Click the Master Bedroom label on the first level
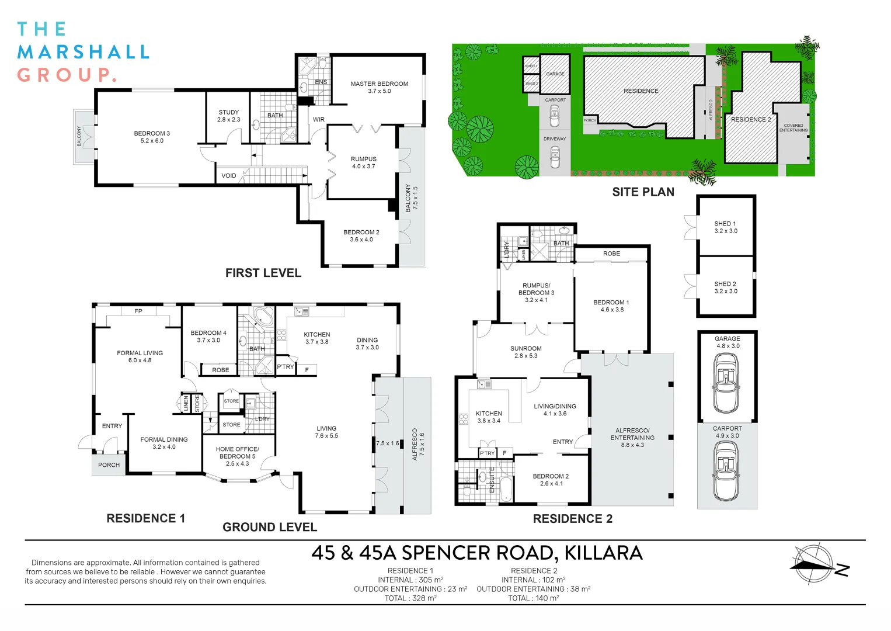pos(379,87)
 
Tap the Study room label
pos(229,116)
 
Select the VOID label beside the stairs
pos(229,175)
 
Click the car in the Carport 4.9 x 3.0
pos(726,471)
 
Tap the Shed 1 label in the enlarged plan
pos(726,227)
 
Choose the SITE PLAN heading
pos(643,192)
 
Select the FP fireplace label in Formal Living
pos(138,311)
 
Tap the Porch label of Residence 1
pos(109,464)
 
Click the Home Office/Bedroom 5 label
pos(238,456)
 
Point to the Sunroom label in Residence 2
pos(526,352)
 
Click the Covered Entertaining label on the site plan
pos(793,128)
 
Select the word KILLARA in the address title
pos(603,553)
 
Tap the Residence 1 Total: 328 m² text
pos(410,598)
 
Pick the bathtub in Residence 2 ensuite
pos(506,489)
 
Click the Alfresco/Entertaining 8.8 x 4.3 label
pos(632,438)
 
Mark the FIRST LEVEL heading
pos(263,273)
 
